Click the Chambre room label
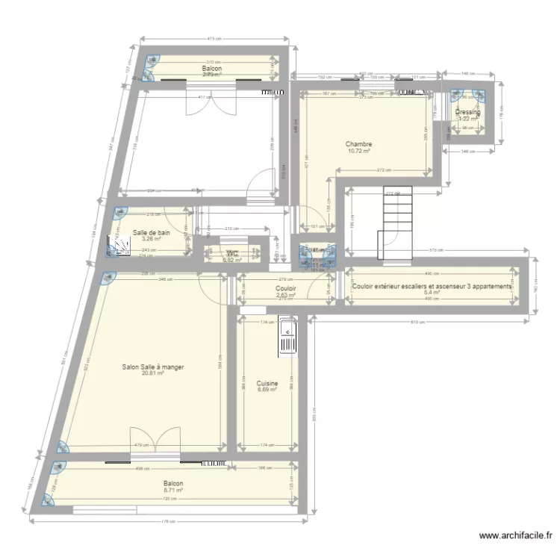(x=358, y=144)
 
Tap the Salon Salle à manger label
(x=153, y=367)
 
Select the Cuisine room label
(x=267, y=383)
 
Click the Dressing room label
(x=467, y=113)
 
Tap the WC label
(x=232, y=253)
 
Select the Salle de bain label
(x=152, y=233)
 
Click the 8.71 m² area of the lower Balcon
(x=173, y=491)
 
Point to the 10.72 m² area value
(x=358, y=151)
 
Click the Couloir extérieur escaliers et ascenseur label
(x=432, y=287)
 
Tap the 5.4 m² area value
(x=432, y=293)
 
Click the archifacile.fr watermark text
(x=517, y=535)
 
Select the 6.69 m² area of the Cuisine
(x=267, y=390)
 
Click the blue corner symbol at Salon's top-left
(x=107, y=279)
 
